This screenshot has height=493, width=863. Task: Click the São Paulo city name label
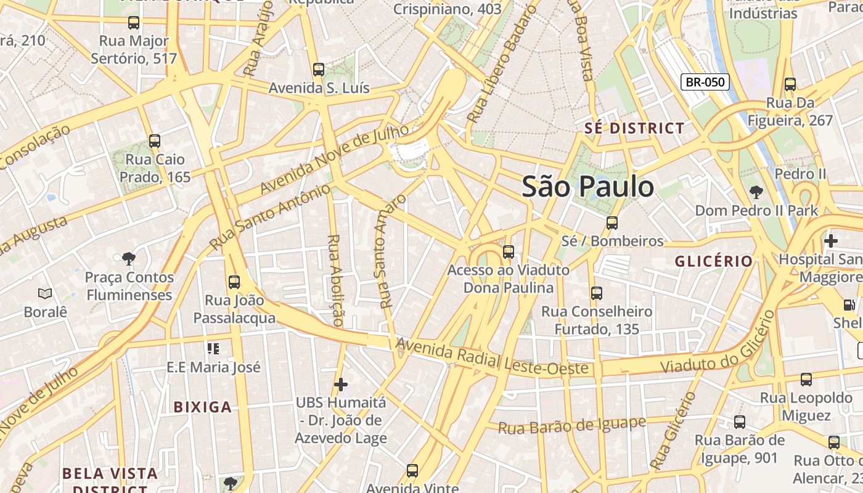[x=587, y=187]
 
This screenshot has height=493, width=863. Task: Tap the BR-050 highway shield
[x=705, y=82]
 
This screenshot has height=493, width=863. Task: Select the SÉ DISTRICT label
[x=634, y=128]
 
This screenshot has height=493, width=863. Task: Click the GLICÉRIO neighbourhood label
[x=714, y=261]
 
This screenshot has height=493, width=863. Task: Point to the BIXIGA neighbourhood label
[x=202, y=407]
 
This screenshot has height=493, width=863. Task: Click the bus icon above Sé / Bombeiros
[x=611, y=223]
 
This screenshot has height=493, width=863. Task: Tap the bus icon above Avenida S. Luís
[x=319, y=70]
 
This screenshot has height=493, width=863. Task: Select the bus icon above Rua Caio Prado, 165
[x=155, y=141]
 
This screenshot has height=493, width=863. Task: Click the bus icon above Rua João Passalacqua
[x=234, y=282]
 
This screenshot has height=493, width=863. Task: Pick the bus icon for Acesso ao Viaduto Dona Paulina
[x=509, y=252]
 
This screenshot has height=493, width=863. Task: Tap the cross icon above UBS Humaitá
[x=341, y=385]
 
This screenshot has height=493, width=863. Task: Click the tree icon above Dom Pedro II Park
[x=756, y=192]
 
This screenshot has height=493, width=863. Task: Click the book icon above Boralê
[x=45, y=293]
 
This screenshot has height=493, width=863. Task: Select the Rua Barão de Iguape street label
[x=571, y=425]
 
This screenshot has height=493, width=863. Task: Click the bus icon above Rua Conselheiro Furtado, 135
[x=597, y=293]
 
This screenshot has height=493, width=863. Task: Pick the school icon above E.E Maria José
[x=213, y=349]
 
